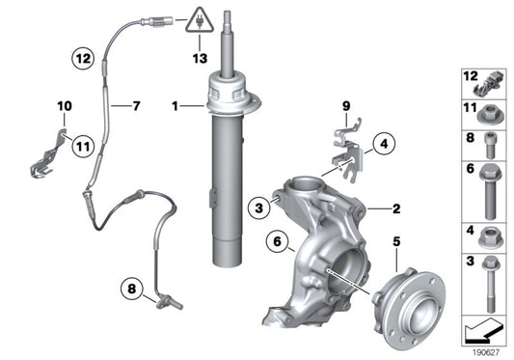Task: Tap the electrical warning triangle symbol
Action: pyautogui.click(x=200, y=19)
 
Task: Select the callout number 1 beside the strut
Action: pyautogui.click(x=175, y=104)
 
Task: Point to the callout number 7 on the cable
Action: pyautogui.click(x=135, y=104)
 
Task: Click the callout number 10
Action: pyautogui.click(x=64, y=106)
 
